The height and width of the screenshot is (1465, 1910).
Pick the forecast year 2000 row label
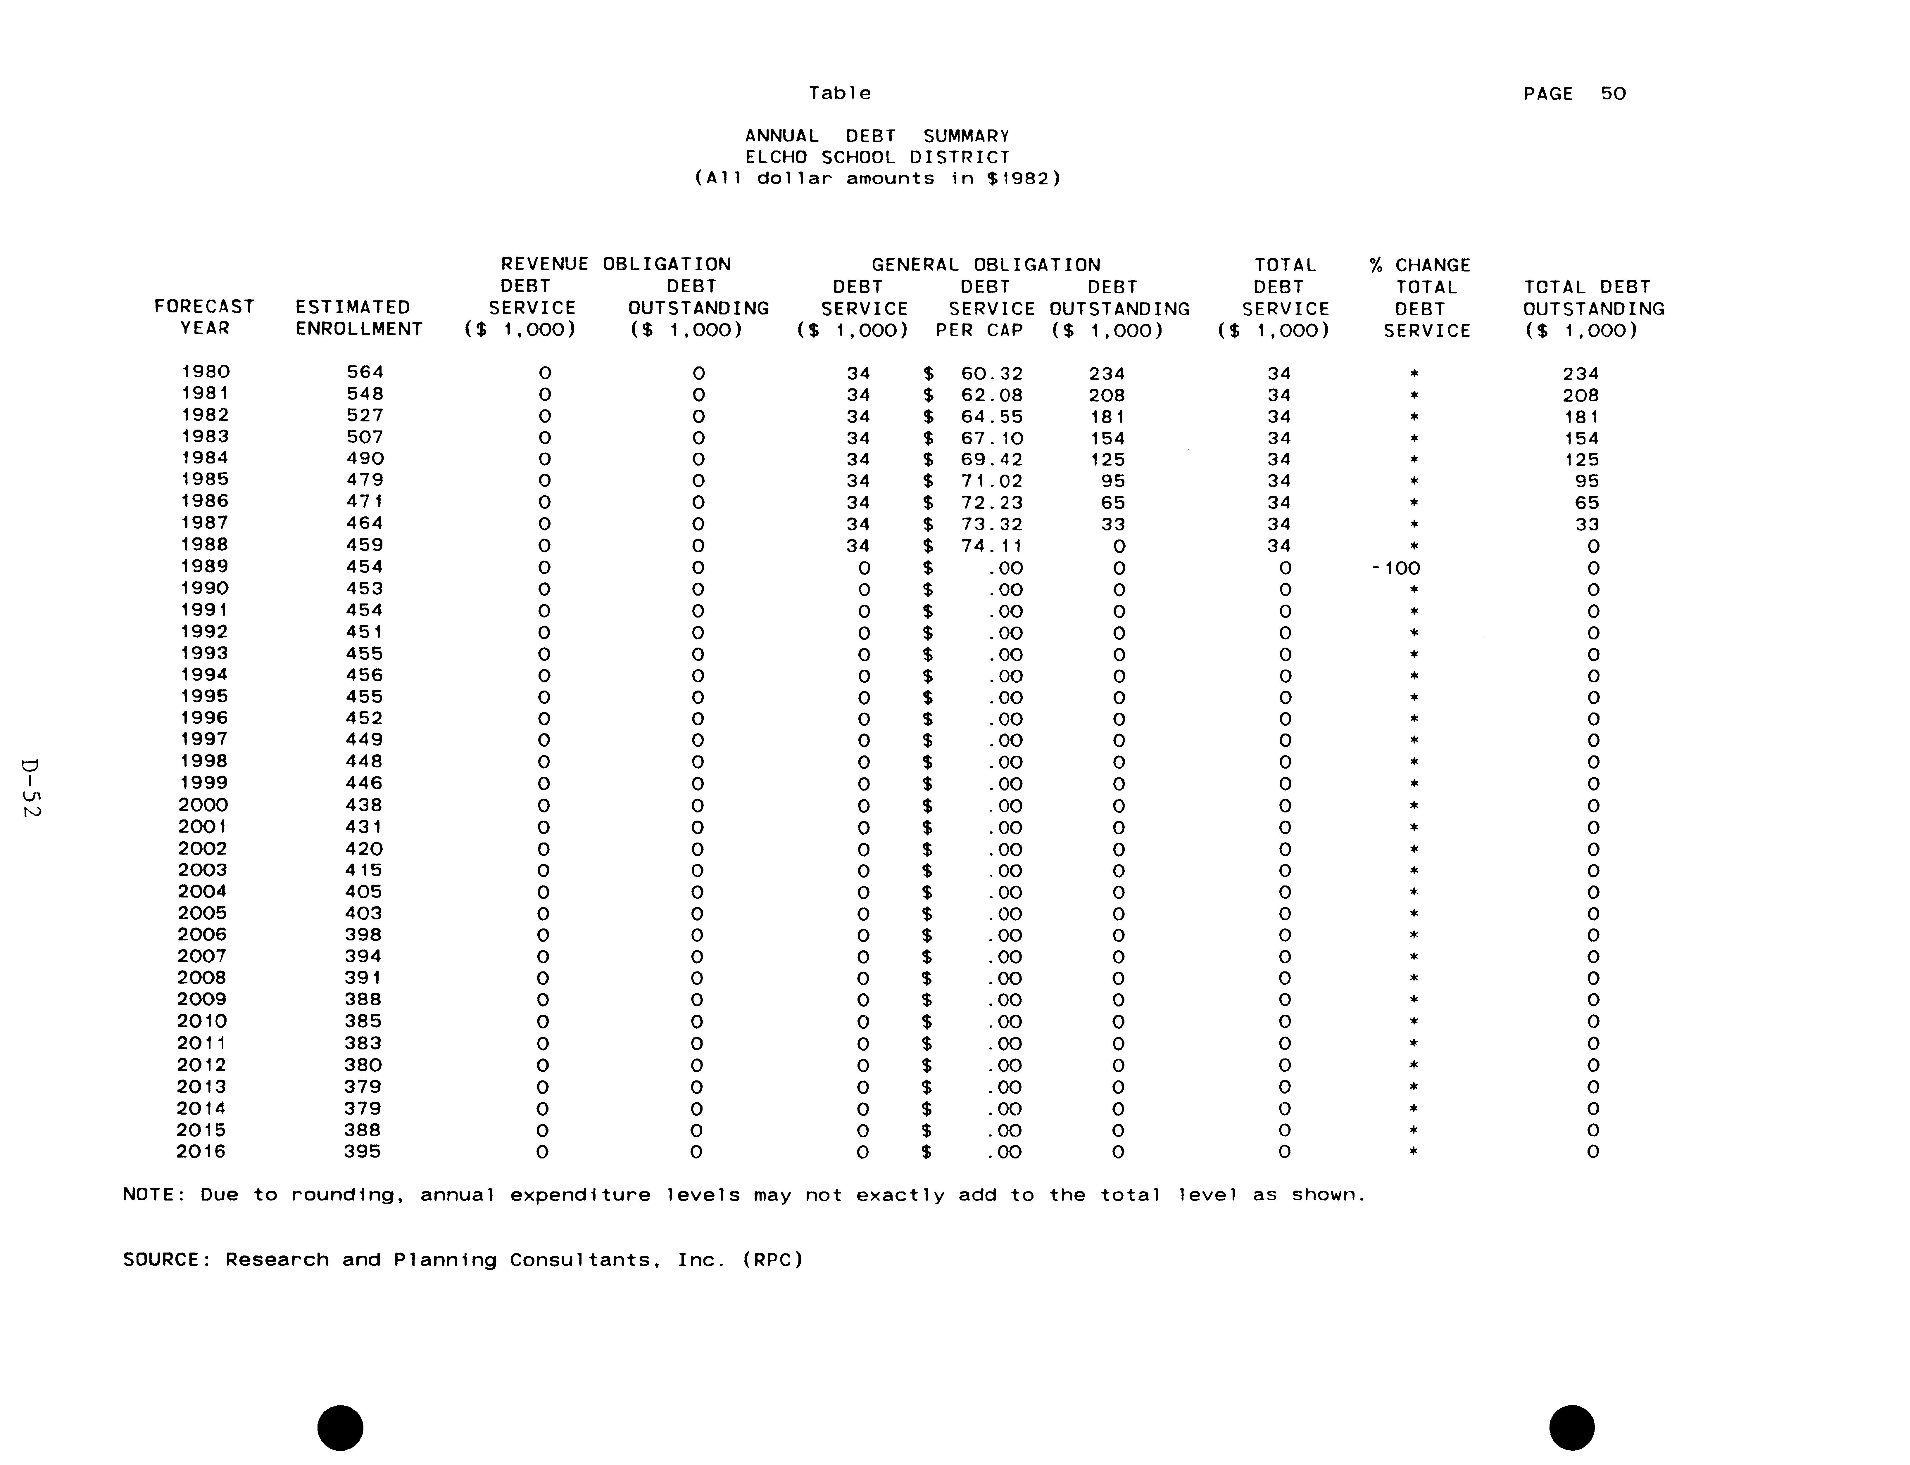coord(202,805)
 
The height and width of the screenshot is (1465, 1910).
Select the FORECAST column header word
coord(204,307)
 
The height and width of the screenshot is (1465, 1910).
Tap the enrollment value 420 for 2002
coord(364,848)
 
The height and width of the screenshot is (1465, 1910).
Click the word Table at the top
coord(839,93)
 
